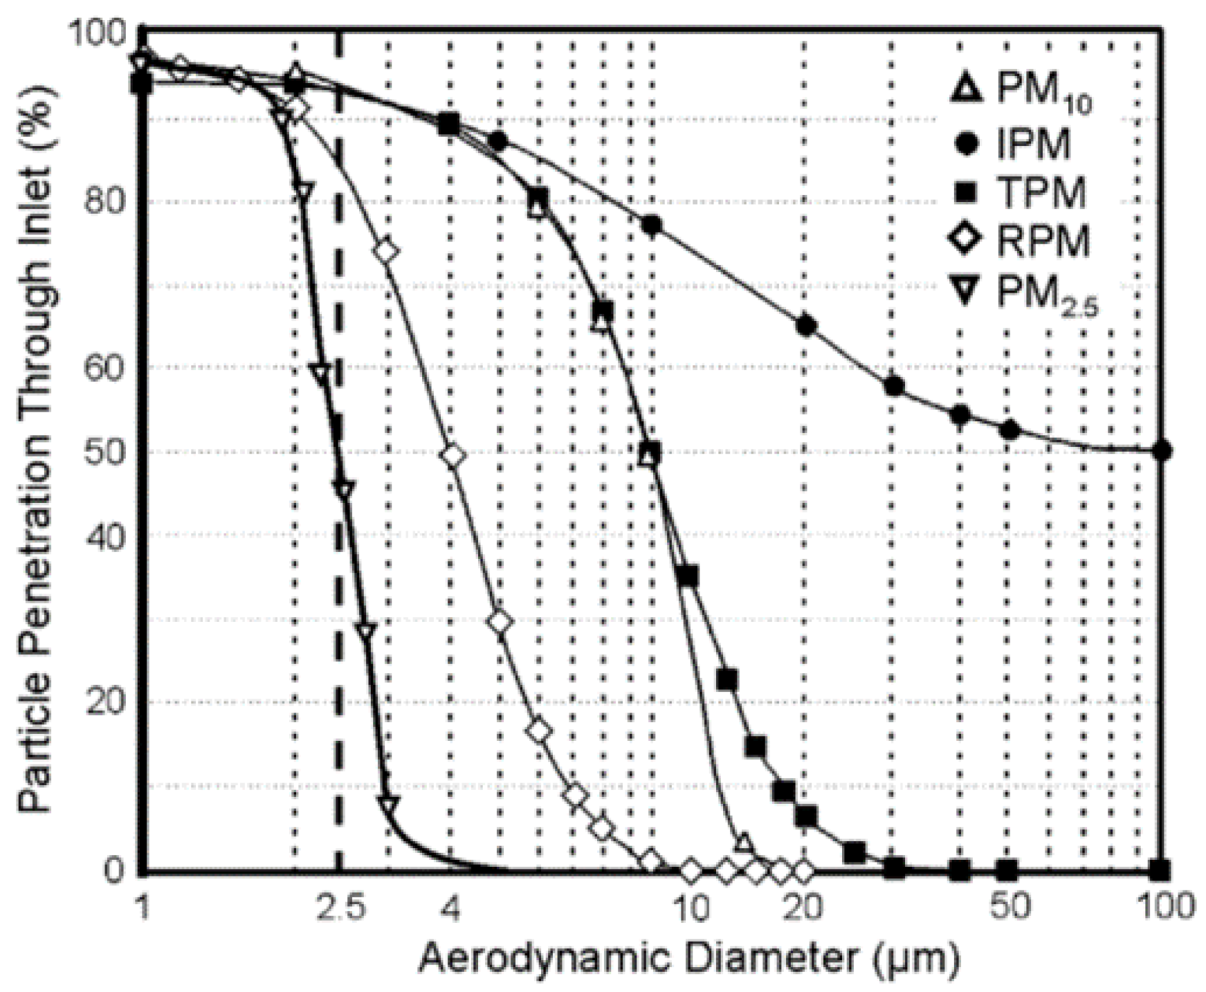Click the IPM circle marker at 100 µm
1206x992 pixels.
[x=1163, y=451]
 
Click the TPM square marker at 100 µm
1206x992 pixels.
[x=1163, y=869]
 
